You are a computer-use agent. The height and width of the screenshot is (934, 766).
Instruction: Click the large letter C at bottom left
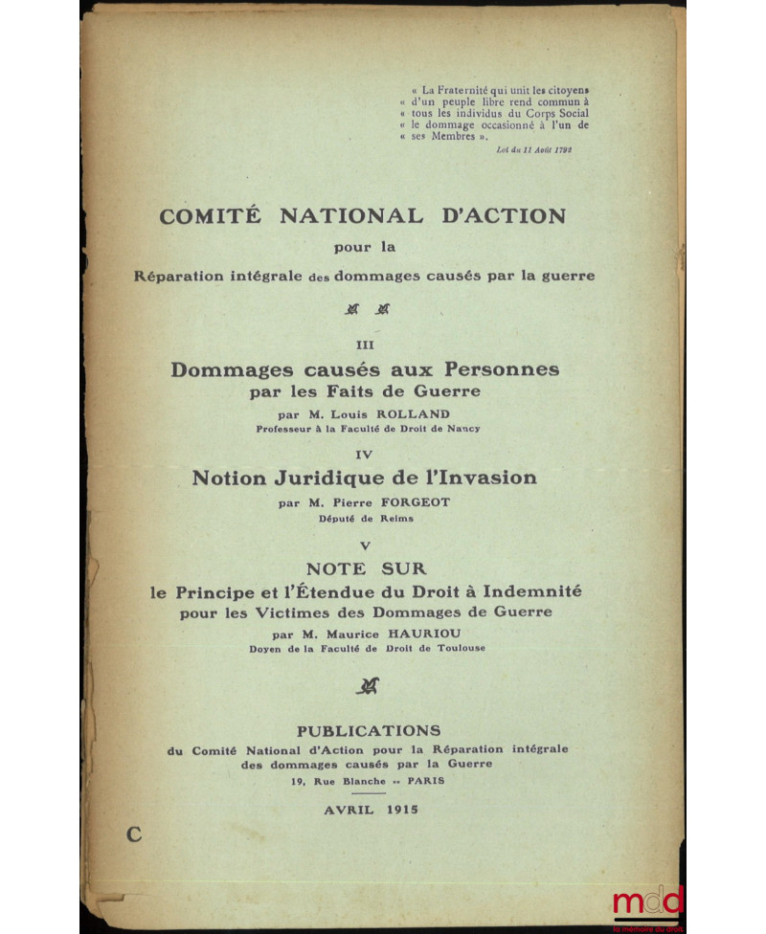pyautogui.click(x=133, y=834)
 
